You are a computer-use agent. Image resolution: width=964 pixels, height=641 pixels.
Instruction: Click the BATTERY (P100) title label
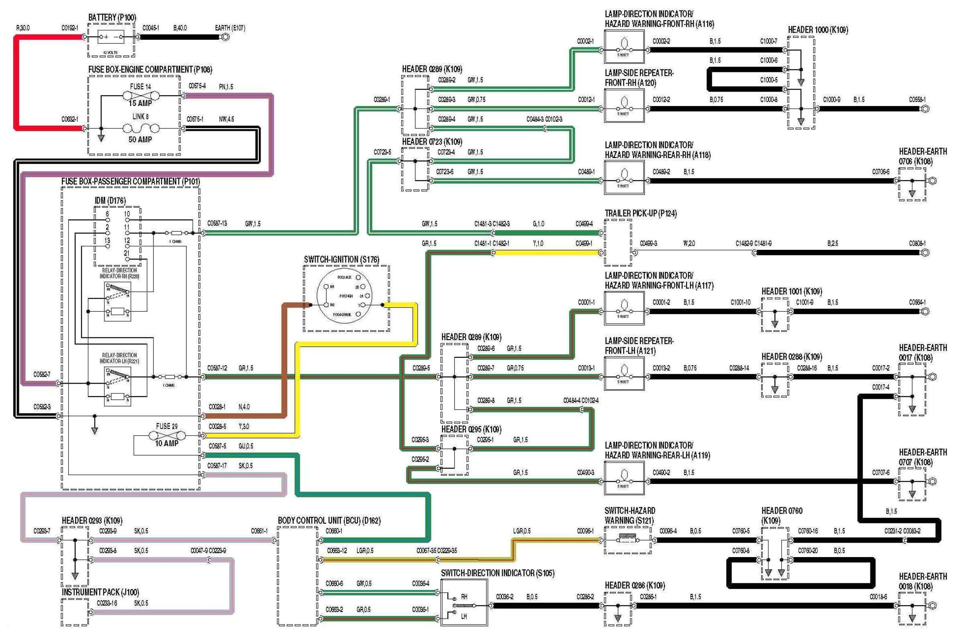[x=112, y=18]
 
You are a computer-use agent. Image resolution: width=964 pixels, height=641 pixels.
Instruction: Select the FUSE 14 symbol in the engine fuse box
[x=140, y=96]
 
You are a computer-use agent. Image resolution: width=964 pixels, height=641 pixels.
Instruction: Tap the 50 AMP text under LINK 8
[x=140, y=139]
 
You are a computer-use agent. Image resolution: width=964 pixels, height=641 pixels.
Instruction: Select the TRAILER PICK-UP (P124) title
[x=640, y=213]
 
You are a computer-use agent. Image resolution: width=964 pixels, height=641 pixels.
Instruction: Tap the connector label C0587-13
[x=217, y=224]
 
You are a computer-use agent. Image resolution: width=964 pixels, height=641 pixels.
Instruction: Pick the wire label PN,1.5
[x=226, y=87]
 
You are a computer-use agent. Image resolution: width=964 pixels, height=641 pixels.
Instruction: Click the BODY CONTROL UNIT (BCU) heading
[x=329, y=521]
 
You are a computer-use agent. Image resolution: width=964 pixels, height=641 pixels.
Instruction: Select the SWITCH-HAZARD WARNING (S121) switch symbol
[x=627, y=540]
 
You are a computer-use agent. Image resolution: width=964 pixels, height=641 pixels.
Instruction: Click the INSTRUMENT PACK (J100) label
[x=100, y=592]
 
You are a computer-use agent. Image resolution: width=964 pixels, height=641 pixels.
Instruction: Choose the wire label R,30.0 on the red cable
[x=23, y=28]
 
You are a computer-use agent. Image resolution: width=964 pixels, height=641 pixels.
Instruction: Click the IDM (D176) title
[x=110, y=200]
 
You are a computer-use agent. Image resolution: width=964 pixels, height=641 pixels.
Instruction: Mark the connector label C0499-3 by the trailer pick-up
[x=648, y=243]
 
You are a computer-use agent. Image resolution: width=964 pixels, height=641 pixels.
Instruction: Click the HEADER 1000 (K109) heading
[x=818, y=30]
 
